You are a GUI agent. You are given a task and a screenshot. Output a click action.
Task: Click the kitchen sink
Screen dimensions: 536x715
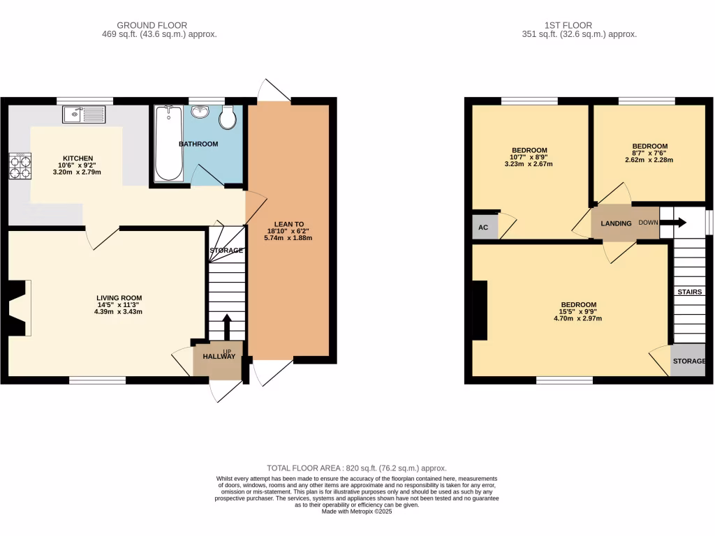tap(83, 114)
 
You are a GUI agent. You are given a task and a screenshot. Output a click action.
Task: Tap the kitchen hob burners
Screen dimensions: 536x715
tap(20, 166)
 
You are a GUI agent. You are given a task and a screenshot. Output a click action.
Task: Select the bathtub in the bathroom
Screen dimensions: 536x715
tap(168, 143)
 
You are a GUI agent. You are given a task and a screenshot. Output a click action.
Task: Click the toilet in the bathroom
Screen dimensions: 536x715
tap(228, 119)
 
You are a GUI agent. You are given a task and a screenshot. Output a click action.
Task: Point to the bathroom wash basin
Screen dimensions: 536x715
tap(201, 112)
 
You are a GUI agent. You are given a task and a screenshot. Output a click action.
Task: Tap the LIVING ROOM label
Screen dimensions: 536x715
tap(119, 298)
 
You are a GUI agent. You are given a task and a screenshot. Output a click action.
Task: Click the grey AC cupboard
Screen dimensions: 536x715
tap(483, 228)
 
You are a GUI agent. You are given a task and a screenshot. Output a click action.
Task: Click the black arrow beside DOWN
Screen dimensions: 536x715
tap(673, 223)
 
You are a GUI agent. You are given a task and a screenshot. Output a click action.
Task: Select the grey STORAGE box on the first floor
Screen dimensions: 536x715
tap(688, 362)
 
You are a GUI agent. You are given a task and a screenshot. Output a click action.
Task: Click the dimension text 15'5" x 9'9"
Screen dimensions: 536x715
tap(578, 312)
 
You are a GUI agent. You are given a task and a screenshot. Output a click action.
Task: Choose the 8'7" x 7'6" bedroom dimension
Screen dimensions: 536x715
tap(649, 153)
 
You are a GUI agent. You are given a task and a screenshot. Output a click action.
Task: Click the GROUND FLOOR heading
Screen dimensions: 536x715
tap(152, 25)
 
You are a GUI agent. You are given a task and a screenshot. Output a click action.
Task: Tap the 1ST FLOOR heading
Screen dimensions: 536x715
tap(579, 25)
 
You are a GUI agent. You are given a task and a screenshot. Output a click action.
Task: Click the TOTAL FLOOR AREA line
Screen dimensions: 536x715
tap(357, 468)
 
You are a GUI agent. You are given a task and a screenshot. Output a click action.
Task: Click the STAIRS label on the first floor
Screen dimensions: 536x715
tap(689, 292)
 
